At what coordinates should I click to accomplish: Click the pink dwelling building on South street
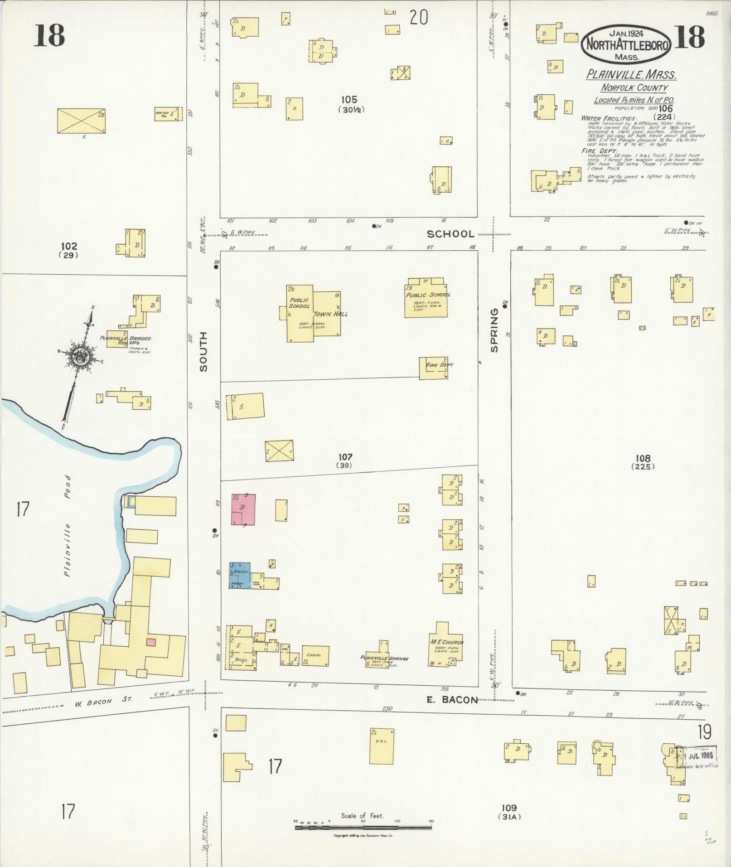243,509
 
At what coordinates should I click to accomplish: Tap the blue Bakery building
240,575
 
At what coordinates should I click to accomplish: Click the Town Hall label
330,314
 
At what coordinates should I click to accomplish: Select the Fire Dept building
434,368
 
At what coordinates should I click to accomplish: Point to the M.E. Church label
447,642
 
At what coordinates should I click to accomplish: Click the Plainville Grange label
384,658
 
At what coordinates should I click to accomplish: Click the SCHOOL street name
450,234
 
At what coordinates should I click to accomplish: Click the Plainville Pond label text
68,526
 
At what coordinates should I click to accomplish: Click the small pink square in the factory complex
151,642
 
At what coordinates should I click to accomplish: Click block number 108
643,458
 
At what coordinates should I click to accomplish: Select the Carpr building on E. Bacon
315,655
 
